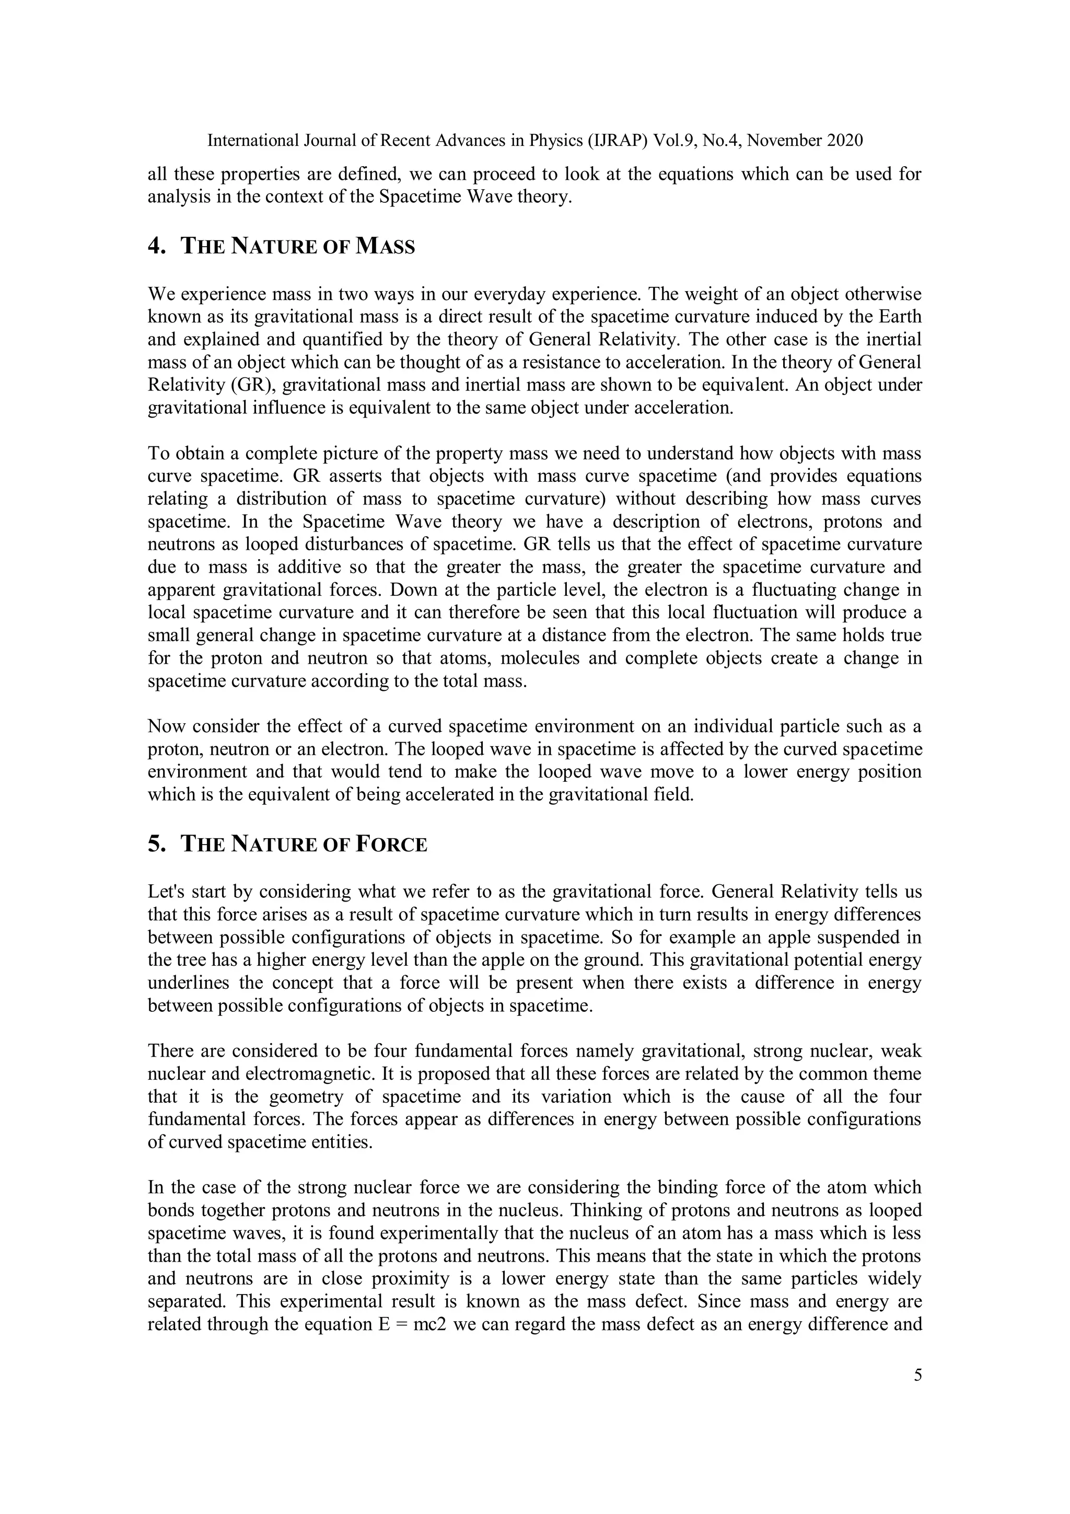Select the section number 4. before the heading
click(x=156, y=247)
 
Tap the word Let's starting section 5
click(x=166, y=892)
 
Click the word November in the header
click(x=784, y=141)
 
